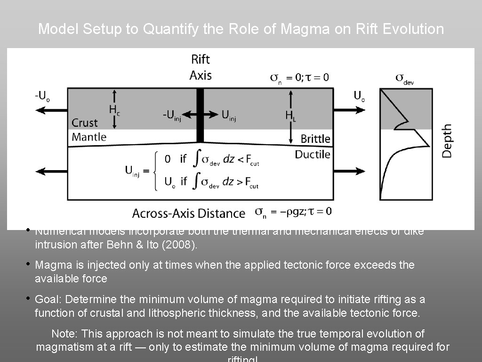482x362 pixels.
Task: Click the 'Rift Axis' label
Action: pos(201,67)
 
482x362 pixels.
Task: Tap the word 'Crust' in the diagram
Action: pos(84,123)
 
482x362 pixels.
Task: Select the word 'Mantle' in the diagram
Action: pos(89,137)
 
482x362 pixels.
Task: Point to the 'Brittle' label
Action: pos(315,139)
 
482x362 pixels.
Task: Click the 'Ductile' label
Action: pos(313,155)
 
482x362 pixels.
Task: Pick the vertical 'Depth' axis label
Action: pos(447,141)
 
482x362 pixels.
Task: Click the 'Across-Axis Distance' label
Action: pos(189,214)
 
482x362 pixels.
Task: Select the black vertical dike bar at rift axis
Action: pos(200,115)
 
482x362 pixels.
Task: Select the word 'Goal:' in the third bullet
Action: pos(48,299)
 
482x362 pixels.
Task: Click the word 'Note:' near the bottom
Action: pos(65,334)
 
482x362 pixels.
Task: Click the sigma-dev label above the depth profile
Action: pos(404,78)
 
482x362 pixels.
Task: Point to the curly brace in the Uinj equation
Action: pos(155,171)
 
